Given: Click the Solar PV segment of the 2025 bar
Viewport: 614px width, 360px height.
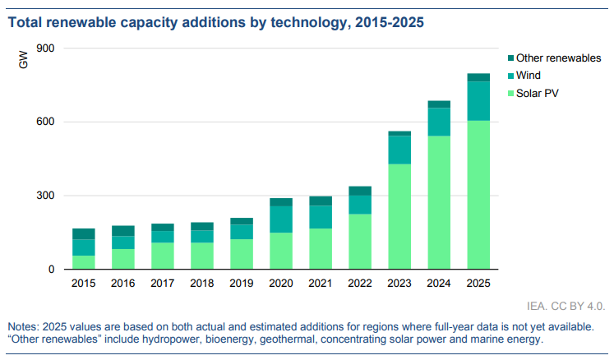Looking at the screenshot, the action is pos(478,195).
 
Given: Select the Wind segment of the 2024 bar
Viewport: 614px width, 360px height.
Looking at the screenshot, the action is pos(439,122).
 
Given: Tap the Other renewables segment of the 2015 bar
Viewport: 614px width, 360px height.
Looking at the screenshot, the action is pos(83,234).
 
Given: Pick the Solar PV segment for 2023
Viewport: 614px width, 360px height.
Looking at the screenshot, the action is pos(399,216).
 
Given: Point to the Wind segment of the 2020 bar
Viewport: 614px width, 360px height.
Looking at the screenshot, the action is pos(281,219).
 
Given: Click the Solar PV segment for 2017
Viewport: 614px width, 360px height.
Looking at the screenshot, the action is pos(163,256).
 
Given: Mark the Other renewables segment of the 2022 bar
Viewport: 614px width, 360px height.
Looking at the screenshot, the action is pos(360,191).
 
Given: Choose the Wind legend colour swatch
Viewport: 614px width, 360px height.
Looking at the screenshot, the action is pos(510,76).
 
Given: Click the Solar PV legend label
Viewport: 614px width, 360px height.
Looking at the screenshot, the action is pos(538,93).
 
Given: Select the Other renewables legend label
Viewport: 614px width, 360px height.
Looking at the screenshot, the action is pos(558,58).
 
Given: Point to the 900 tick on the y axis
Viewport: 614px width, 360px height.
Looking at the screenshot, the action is pos(45,48).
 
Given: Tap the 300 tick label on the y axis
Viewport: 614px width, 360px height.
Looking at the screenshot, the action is pos(45,196).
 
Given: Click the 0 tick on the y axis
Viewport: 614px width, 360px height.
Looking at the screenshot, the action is pos(51,269).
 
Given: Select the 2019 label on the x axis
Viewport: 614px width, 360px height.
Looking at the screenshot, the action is pos(241,283).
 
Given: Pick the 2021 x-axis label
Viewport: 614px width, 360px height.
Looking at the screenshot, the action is pos(321,283).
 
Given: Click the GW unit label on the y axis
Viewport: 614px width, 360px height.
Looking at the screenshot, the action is pos(24,60).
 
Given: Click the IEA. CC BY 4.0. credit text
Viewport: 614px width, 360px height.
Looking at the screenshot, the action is pos(566,306).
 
